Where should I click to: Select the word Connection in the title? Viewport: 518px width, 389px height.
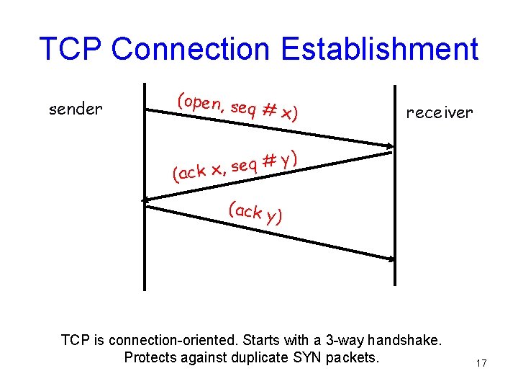pyautogui.click(x=191, y=49)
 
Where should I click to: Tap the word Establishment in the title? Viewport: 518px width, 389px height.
pyautogui.click(x=379, y=49)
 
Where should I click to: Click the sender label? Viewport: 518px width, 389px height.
pyautogui.click(x=76, y=109)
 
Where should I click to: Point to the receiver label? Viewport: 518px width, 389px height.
pyautogui.click(x=439, y=112)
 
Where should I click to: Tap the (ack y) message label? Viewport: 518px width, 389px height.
pyautogui.click(x=255, y=213)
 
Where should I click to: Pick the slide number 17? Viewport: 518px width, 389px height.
pyautogui.click(x=481, y=364)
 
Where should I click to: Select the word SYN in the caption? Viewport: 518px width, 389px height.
pyautogui.click(x=310, y=357)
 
